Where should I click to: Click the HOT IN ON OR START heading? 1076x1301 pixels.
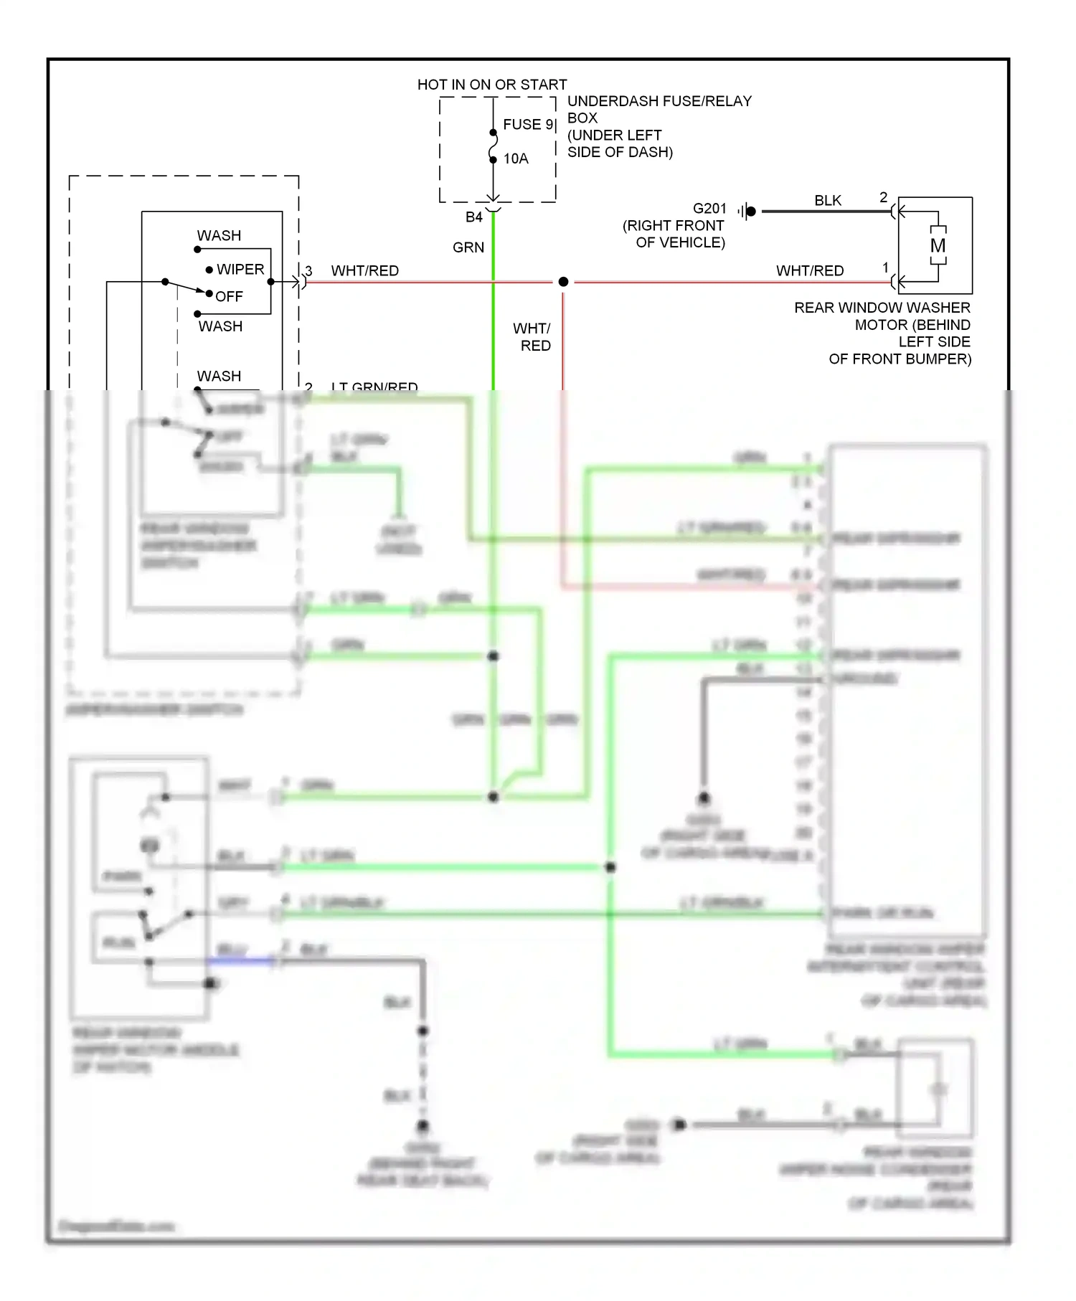pos(492,85)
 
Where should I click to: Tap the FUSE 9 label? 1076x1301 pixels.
pos(528,124)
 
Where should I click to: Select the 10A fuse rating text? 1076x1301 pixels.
pos(516,159)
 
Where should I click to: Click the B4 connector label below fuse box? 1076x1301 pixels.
pos(473,217)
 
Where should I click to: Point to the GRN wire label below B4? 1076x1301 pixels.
pos(468,247)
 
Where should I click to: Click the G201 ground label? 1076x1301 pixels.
pos(709,209)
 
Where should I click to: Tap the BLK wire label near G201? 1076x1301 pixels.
pos(828,201)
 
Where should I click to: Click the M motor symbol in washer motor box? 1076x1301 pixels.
pos(938,246)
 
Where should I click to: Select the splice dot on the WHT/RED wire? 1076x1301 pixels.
pos(564,282)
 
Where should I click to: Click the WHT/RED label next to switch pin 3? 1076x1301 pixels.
pos(364,271)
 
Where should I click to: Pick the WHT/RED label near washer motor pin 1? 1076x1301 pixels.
pos(810,271)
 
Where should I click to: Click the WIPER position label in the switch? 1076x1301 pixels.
pos(240,270)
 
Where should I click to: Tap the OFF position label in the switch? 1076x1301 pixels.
pos(229,296)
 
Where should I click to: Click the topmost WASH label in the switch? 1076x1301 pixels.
pos(219,236)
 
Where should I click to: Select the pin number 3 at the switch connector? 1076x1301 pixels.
pos(308,271)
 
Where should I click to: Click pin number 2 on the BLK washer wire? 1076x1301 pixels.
pos(883,197)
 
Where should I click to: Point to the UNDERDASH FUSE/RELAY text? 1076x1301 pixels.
pos(659,101)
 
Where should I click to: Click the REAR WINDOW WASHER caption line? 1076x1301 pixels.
pos(882,308)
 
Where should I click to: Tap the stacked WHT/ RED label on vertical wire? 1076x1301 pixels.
pos(532,337)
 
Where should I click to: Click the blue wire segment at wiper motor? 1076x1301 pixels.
pos(240,961)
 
